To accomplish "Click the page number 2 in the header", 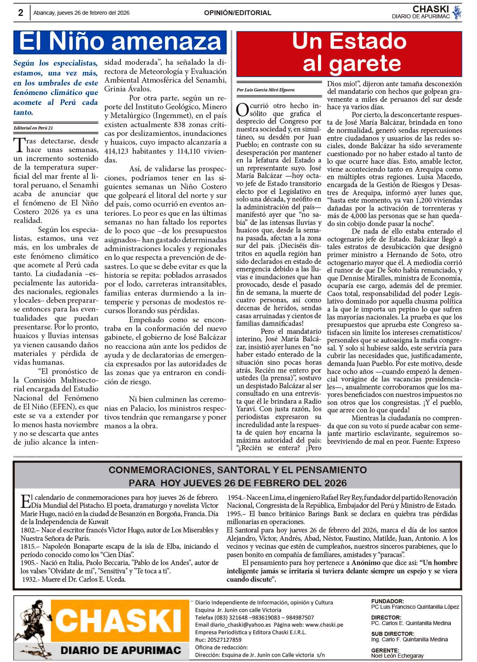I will pos(20,13).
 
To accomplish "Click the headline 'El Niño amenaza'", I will pos(120,42).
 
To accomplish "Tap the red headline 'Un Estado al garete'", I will pos(349,53).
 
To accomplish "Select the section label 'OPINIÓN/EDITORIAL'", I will pos(238,13).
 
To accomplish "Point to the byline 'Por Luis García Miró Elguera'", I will pos(266,90).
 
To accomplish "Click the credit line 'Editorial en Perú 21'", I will pos(33,128).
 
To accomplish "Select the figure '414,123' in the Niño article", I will pos(118,151).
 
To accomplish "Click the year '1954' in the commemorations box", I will pos(235,497).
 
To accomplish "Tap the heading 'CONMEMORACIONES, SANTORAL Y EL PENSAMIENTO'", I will pos(238,470).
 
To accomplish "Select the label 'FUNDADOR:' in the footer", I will pos(388,601).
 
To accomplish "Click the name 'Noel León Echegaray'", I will pos(397,656).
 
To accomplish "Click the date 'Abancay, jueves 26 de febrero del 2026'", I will pos(81,13).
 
